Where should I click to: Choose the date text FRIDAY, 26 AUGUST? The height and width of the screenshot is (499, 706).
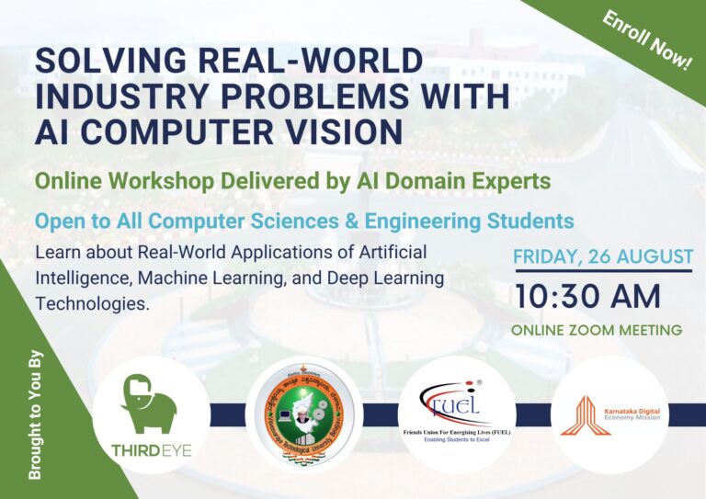pos(603,255)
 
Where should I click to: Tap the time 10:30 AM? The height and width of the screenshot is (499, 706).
pos(587,296)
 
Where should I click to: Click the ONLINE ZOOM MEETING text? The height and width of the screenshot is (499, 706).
pos(596,330)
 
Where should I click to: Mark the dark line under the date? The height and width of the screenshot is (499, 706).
pos(603,270)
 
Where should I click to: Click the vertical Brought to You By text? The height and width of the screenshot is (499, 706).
pos(36,414)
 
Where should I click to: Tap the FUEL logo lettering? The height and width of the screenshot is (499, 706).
pos(455,401)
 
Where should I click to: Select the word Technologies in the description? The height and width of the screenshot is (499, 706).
pos(92,302)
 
